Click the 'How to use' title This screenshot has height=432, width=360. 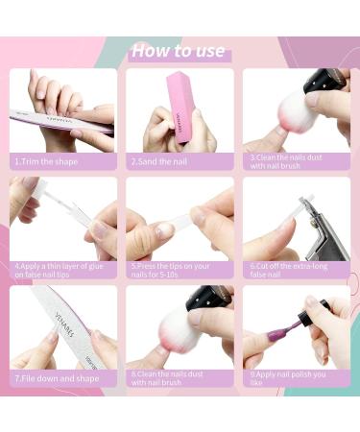point(179,51)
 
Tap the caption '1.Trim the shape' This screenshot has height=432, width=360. point(46,161)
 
